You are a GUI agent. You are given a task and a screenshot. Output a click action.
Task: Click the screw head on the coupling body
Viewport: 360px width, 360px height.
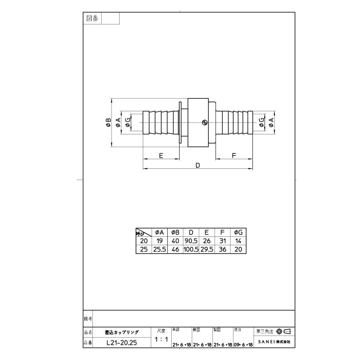pos(204,122)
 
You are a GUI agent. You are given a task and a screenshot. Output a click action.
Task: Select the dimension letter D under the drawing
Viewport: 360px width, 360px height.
pos(197,165)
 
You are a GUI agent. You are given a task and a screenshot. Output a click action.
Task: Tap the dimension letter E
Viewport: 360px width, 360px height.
pos(161,156)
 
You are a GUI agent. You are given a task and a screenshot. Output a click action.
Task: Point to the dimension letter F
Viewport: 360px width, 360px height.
pos(234,156)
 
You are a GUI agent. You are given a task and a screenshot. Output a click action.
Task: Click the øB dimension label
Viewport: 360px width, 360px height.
pos(108,122)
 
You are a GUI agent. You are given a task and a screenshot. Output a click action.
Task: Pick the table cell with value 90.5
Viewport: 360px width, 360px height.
pos(191,241)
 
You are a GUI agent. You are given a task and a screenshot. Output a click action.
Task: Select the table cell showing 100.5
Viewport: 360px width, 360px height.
pos(191,249)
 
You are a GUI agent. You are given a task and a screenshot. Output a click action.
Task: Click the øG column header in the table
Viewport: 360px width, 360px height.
pos(238,232)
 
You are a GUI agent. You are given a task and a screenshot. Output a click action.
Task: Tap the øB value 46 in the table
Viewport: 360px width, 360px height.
pos(175,249)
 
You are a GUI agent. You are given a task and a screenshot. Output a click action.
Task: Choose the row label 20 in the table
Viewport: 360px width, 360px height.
pos(144,241)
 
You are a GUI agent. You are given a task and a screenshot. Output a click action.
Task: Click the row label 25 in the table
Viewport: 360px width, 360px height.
pos(144,249)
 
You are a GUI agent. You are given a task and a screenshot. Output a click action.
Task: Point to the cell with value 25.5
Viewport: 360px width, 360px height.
pos(159,249)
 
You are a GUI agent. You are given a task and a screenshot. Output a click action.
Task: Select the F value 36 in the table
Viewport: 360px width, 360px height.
pos(222,249)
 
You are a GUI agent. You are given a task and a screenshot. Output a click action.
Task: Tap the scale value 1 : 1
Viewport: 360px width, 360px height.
pos(161,340)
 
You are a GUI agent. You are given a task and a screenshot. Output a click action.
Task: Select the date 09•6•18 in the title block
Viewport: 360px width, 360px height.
pos(243,344)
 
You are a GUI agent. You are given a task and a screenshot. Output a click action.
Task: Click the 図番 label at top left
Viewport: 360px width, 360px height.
pos(92,18)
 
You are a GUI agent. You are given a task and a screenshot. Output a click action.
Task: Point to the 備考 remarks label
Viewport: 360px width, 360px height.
pos(88,319)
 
